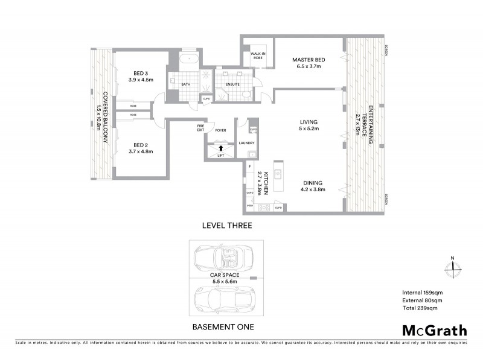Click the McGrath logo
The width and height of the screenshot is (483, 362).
[x=434, y=330]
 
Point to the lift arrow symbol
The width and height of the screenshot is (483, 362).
[x=221, y=147]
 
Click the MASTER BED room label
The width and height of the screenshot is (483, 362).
[x=309, y=60]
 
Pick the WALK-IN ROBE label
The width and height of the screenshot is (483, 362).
[x=254, y=57]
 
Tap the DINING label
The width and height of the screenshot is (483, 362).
[x=313, y=183]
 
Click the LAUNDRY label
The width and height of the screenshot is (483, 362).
[x=246, y=143]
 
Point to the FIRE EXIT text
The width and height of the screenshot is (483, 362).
[x=201, y=128]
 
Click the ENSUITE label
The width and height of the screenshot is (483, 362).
[x=232, y=84]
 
